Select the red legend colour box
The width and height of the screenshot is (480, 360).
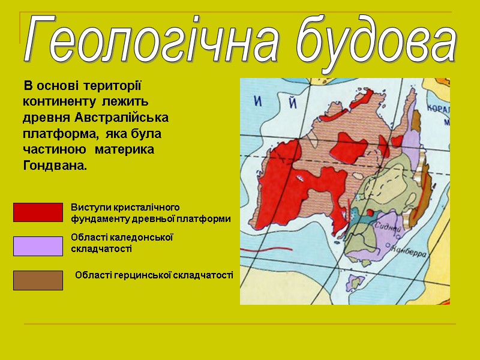pos(38,212)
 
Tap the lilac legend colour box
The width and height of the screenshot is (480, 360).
pos(38,246)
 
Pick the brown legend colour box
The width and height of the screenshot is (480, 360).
pos(38,280)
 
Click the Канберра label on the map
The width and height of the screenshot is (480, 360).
pos(411,253)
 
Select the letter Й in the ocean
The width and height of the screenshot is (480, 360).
pos(293,103)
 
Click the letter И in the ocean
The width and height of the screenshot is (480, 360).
pos(259,103)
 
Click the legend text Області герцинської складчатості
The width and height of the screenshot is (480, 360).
pos(154,275)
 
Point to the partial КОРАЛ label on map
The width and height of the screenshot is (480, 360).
pos(437,110)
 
